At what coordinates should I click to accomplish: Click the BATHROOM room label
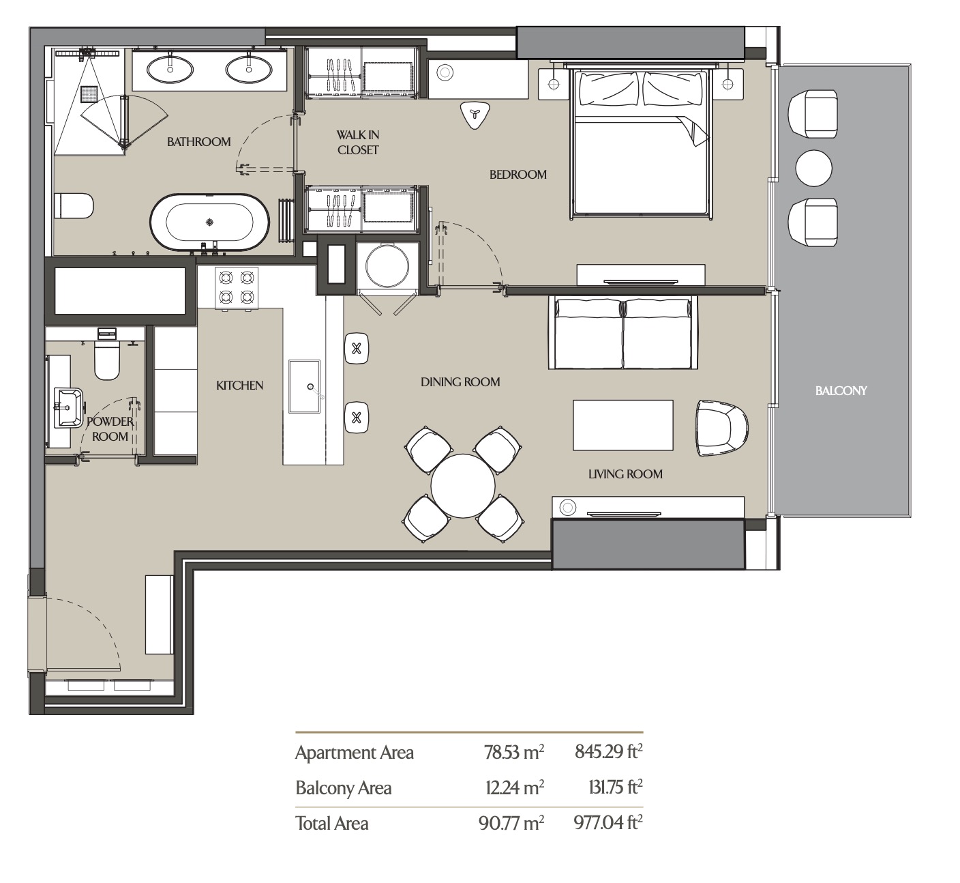(x=198, y=142)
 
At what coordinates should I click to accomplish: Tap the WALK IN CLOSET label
(x=357, y=143)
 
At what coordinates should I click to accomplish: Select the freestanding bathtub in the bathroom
(x=209, y=222)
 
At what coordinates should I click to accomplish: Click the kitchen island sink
(x=304, y=387)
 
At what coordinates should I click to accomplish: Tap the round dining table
(x=463, y=486)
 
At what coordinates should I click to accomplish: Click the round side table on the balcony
(x=813, y=168)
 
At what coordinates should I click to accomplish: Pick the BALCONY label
(x=841, y=391)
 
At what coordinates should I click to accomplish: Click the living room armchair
(x=721, y=428)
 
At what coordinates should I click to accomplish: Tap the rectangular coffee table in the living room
(x=623, y=425)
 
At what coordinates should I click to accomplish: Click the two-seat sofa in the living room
(x=623, y=332)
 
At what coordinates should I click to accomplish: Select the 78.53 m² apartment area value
(x=514, y=752)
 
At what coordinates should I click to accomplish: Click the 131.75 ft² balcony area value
(x=616, y=787)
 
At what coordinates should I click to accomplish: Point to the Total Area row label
(x=332, y=823)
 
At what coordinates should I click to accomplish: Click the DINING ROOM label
(x=460, y=382)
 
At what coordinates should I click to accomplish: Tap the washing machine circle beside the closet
(x=387, y=266)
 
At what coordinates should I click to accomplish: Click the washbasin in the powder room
(x=68, y=407)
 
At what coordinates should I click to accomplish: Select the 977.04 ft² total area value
(x=607, y=823)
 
